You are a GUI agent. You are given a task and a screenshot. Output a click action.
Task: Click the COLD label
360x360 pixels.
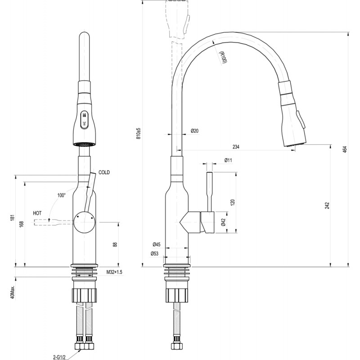click(x=104, y=172)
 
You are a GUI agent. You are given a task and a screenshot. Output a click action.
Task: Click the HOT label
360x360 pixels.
click(x=37, y=213)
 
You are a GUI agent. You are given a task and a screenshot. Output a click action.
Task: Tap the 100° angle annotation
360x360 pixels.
click(x=61, y=195)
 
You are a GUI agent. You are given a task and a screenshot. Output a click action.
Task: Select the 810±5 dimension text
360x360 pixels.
click(x=138, y=134)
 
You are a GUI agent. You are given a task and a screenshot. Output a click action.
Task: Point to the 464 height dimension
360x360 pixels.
click(x=345, y=149)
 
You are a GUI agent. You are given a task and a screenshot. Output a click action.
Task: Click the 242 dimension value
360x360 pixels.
click(x=328, y=205)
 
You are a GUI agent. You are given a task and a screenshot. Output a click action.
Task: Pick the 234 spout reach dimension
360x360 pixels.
click(x=236, y=147)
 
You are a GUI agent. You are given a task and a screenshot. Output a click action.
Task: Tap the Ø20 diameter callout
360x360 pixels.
click(x=194, y=131)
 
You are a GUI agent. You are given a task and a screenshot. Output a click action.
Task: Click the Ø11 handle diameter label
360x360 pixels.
click(x=228, y=160)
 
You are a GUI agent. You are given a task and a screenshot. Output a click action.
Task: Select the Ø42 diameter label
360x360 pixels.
click(x=224, y=222)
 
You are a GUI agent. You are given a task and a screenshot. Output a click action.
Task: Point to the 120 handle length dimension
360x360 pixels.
click(x=233, y=202)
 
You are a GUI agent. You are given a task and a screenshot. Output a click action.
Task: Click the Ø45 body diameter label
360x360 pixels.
click(x=157, y=244)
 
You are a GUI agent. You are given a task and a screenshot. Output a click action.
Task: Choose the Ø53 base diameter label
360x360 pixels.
click(x=154, y=254)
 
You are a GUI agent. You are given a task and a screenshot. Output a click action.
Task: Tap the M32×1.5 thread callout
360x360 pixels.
click(x=114, y=272)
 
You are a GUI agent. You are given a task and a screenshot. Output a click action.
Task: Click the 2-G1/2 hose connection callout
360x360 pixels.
click(x=59, y=357)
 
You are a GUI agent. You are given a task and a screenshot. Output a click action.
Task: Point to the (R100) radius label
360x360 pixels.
click(x=223, y=57)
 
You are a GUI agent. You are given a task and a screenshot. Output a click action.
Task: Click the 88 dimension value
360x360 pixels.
click(x=115, y=244)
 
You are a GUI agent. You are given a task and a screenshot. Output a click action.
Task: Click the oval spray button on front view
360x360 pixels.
click(x=84, y=119)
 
